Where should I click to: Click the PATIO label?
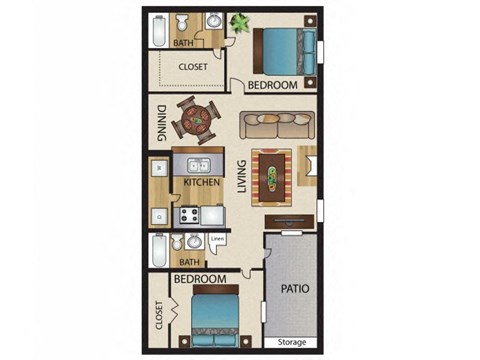tap(294, 288)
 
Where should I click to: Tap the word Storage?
tap(293, 342)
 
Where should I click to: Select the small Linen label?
tap(218, 240)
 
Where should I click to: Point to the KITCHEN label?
tap(200, 184)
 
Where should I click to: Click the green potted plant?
tap(241, 21)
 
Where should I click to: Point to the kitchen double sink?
tap(195, 166)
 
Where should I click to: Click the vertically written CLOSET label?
tap(159, 318)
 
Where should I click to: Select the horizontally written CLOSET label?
tap(192, 67)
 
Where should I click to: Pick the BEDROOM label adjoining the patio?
tap(198, 279)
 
